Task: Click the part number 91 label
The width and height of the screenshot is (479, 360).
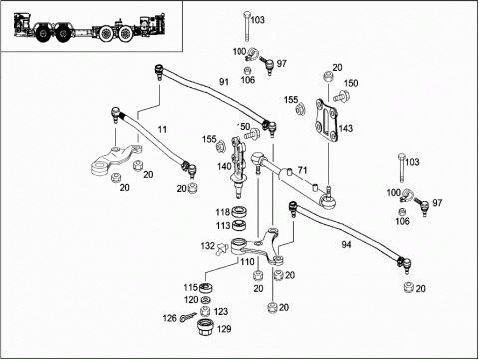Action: [x=224, y=82]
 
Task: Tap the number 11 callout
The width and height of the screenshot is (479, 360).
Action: [x=162, y=129]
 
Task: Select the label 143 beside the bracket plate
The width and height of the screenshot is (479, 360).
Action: [x=346, y=128]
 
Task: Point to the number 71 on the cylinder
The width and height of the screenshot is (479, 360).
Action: [x=302, y=170]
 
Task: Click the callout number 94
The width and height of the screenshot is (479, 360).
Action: [x=346, y=245]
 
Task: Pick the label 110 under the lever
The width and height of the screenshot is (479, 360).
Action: [x=247, y=262]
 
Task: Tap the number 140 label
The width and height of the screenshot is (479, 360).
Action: [x=224, y=166]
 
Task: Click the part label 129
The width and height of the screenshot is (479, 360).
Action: [x=224, y=329]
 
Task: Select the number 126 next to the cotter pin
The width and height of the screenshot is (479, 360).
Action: [x=169, y=318]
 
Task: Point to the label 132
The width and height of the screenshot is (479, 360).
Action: [x=207, y=246]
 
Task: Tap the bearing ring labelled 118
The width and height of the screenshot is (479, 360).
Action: [x=239, y=211]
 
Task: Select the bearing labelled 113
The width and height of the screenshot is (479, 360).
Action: [x=239, y=225]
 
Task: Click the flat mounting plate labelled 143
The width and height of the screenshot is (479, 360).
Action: [x=326, y=121]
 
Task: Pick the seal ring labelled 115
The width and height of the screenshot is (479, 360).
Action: [x=206, y=288]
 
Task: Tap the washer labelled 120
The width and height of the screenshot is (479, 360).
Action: [x=206, y=300]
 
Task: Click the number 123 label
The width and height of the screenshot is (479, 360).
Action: [x=221, y=312]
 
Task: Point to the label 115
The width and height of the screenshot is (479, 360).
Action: [x=191, y=287]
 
